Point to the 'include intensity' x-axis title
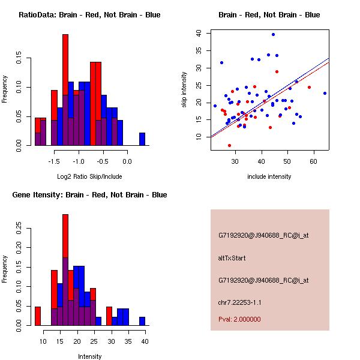(x=269, y=176)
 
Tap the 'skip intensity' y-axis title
(x=184, y=90)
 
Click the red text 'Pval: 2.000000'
(x=239, y=319)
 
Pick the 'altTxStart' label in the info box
(x=232, y=258)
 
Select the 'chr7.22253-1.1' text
(x=240, y=302)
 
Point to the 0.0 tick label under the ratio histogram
(x=127, y=161)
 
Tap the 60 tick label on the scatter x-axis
(x=313, y=161)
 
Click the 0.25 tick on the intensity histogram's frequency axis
(x=20, y=228)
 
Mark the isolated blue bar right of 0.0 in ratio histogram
(x=142, y=139)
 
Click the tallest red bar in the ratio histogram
(x=65, y=90)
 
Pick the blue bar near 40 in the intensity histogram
(x=142, y=321)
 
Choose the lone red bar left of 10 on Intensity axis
(x=37, y=316)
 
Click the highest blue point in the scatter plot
(x=273, y=34)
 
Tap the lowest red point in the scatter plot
(x=229, y=145)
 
